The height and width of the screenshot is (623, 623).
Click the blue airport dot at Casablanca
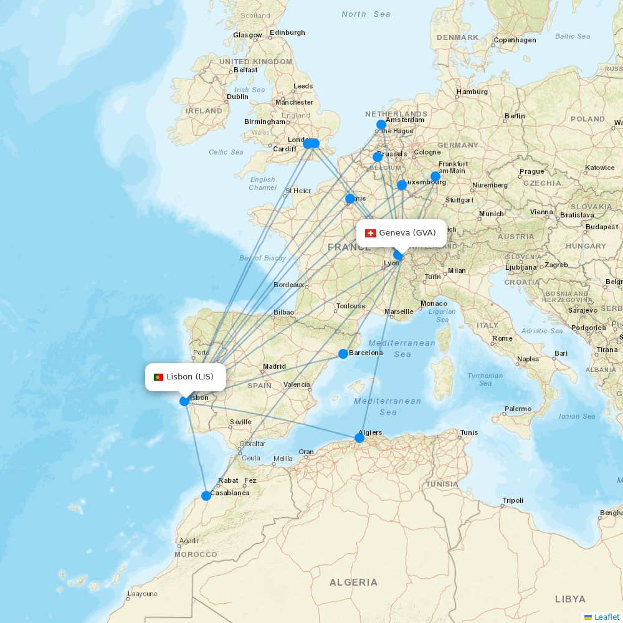pos(206,496)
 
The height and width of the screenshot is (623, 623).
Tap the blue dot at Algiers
pos(359,438)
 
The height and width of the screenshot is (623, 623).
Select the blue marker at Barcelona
pos(343,354)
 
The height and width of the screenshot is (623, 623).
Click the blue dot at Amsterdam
pos(381,125)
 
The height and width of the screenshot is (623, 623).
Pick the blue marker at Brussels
pos(378,157)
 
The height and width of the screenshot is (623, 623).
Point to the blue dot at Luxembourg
pos(402,185)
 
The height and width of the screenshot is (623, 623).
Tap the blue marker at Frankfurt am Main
pos(435,176)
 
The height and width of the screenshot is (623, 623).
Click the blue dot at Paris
pos(350,199)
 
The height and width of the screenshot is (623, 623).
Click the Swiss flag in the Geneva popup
pos(371,233)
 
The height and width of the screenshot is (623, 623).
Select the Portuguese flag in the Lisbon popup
pos(158,377)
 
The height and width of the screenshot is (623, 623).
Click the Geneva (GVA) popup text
pos(407,233)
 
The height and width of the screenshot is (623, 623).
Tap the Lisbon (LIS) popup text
pos(190,377)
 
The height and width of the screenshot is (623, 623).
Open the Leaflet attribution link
pos(606,617)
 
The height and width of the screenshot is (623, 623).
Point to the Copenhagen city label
pos(515,40)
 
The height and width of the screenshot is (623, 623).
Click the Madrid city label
pos(274,367)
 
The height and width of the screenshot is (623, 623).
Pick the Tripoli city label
pos(513,501)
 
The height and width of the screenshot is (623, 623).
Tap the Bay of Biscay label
pos(262,258)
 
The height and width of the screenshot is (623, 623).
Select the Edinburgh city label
pos(288,32)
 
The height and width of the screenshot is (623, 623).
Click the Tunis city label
pos(469,432)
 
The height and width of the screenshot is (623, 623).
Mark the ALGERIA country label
pos(353,583)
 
